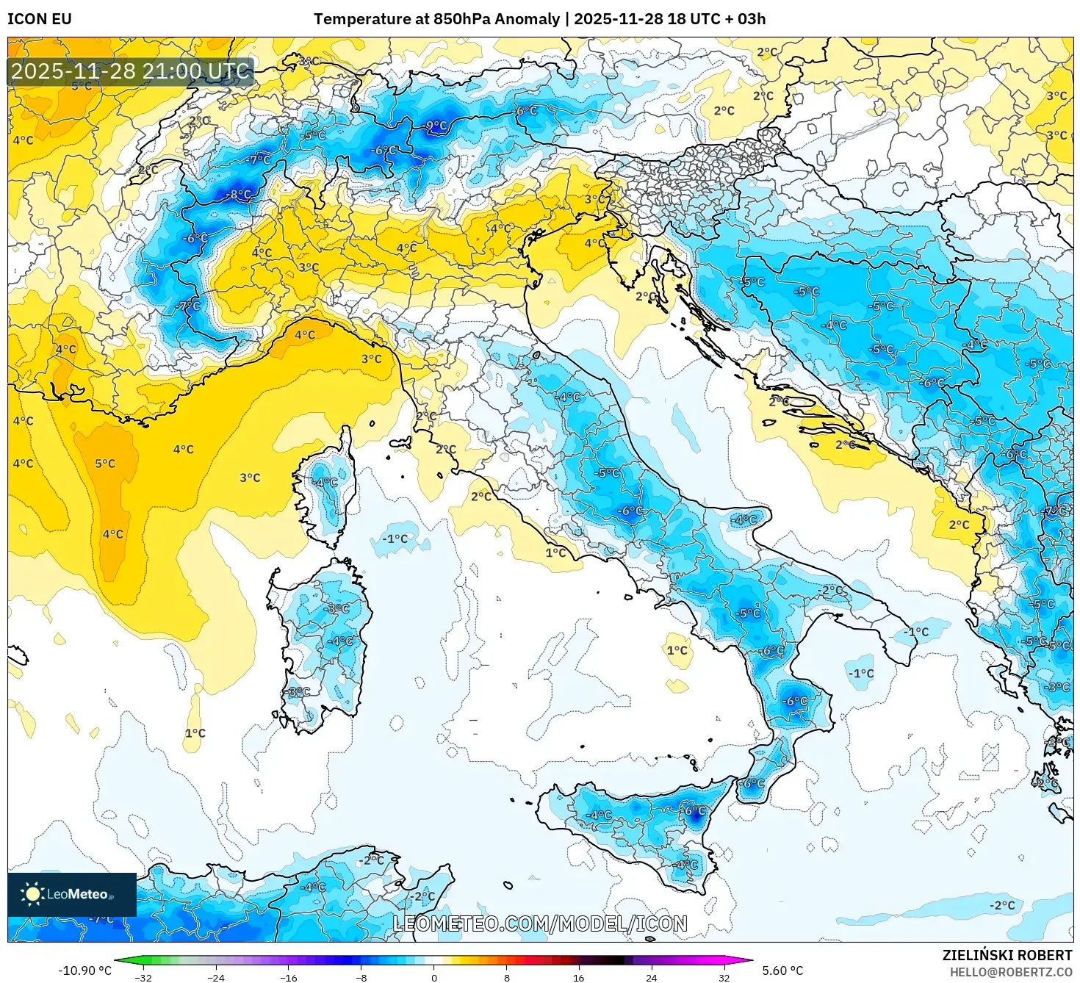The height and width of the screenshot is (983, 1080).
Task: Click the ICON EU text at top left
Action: click(x=40, y=19)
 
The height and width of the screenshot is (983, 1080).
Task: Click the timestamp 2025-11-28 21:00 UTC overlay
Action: click(x=131, y=71)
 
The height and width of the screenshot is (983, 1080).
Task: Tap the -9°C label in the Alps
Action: click(x=436, y=126)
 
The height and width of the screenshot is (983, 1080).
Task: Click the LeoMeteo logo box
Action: click(x=72, y=894)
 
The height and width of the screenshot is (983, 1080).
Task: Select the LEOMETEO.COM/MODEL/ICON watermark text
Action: click(x=540, y=923)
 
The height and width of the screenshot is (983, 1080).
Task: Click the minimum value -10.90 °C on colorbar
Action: click(x=85, y=971)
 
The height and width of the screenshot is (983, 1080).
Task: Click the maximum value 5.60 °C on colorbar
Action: click(x=782, y=971)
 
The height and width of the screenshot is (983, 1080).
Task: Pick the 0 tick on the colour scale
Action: click(x=434, y=978)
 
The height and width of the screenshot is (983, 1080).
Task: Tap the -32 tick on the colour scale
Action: click(x=143, y=978)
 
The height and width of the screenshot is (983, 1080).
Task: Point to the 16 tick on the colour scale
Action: click(x=579, y=978)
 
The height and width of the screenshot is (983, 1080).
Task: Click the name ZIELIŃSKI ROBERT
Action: click(x=1007, y=955)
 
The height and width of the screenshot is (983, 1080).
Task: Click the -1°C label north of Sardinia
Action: click(x=395, y=539)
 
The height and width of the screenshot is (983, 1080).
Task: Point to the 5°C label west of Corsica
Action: click(x=105, y=464)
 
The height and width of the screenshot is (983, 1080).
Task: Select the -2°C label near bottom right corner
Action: click(x=1002, y=905)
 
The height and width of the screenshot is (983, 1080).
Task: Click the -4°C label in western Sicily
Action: click(x=600, y=815)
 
